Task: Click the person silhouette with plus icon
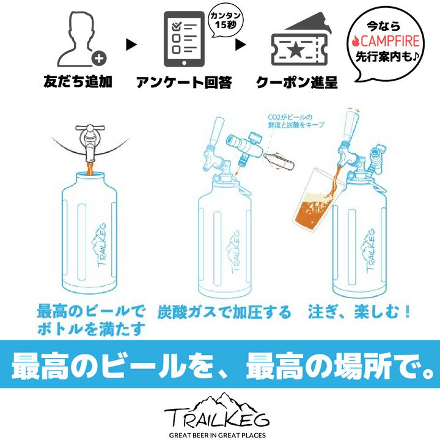point(81,39)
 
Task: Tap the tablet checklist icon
point(184,39)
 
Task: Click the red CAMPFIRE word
point(389,41)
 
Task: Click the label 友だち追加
point(78,81)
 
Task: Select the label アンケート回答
point(184,82)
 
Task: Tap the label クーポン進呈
point(297,82)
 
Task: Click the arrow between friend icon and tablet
point(131,45)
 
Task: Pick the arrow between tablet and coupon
point(240,45)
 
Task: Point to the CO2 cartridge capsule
point(279,161)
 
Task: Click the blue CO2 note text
point(296,120)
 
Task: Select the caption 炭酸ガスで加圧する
point(224,312)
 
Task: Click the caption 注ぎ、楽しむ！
point(359,312)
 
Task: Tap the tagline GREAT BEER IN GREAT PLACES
point(217,435)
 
